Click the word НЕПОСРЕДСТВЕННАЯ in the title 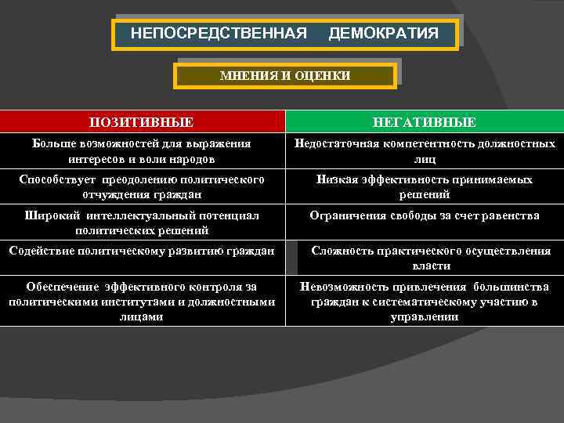coord(219,34)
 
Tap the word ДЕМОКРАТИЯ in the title coord(383,34)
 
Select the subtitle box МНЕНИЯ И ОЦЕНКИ coord(285,75)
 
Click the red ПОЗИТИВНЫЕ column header coord(142,122)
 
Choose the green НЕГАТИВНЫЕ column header coord(424,122)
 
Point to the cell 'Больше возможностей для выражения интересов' coord(142,151)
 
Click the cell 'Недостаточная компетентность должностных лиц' coord(424,151)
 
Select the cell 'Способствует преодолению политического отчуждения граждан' coord(142,186)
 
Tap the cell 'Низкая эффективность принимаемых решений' coord(424,186)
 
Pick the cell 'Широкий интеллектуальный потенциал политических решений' coord(142,222)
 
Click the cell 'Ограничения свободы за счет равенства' coord(424,215)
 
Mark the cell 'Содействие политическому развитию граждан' coord(142,251)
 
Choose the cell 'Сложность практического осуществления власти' coord(431,258)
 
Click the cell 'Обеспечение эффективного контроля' coord(142,302)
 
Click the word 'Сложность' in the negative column coord(342,251)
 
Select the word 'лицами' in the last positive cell coord(142,317)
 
